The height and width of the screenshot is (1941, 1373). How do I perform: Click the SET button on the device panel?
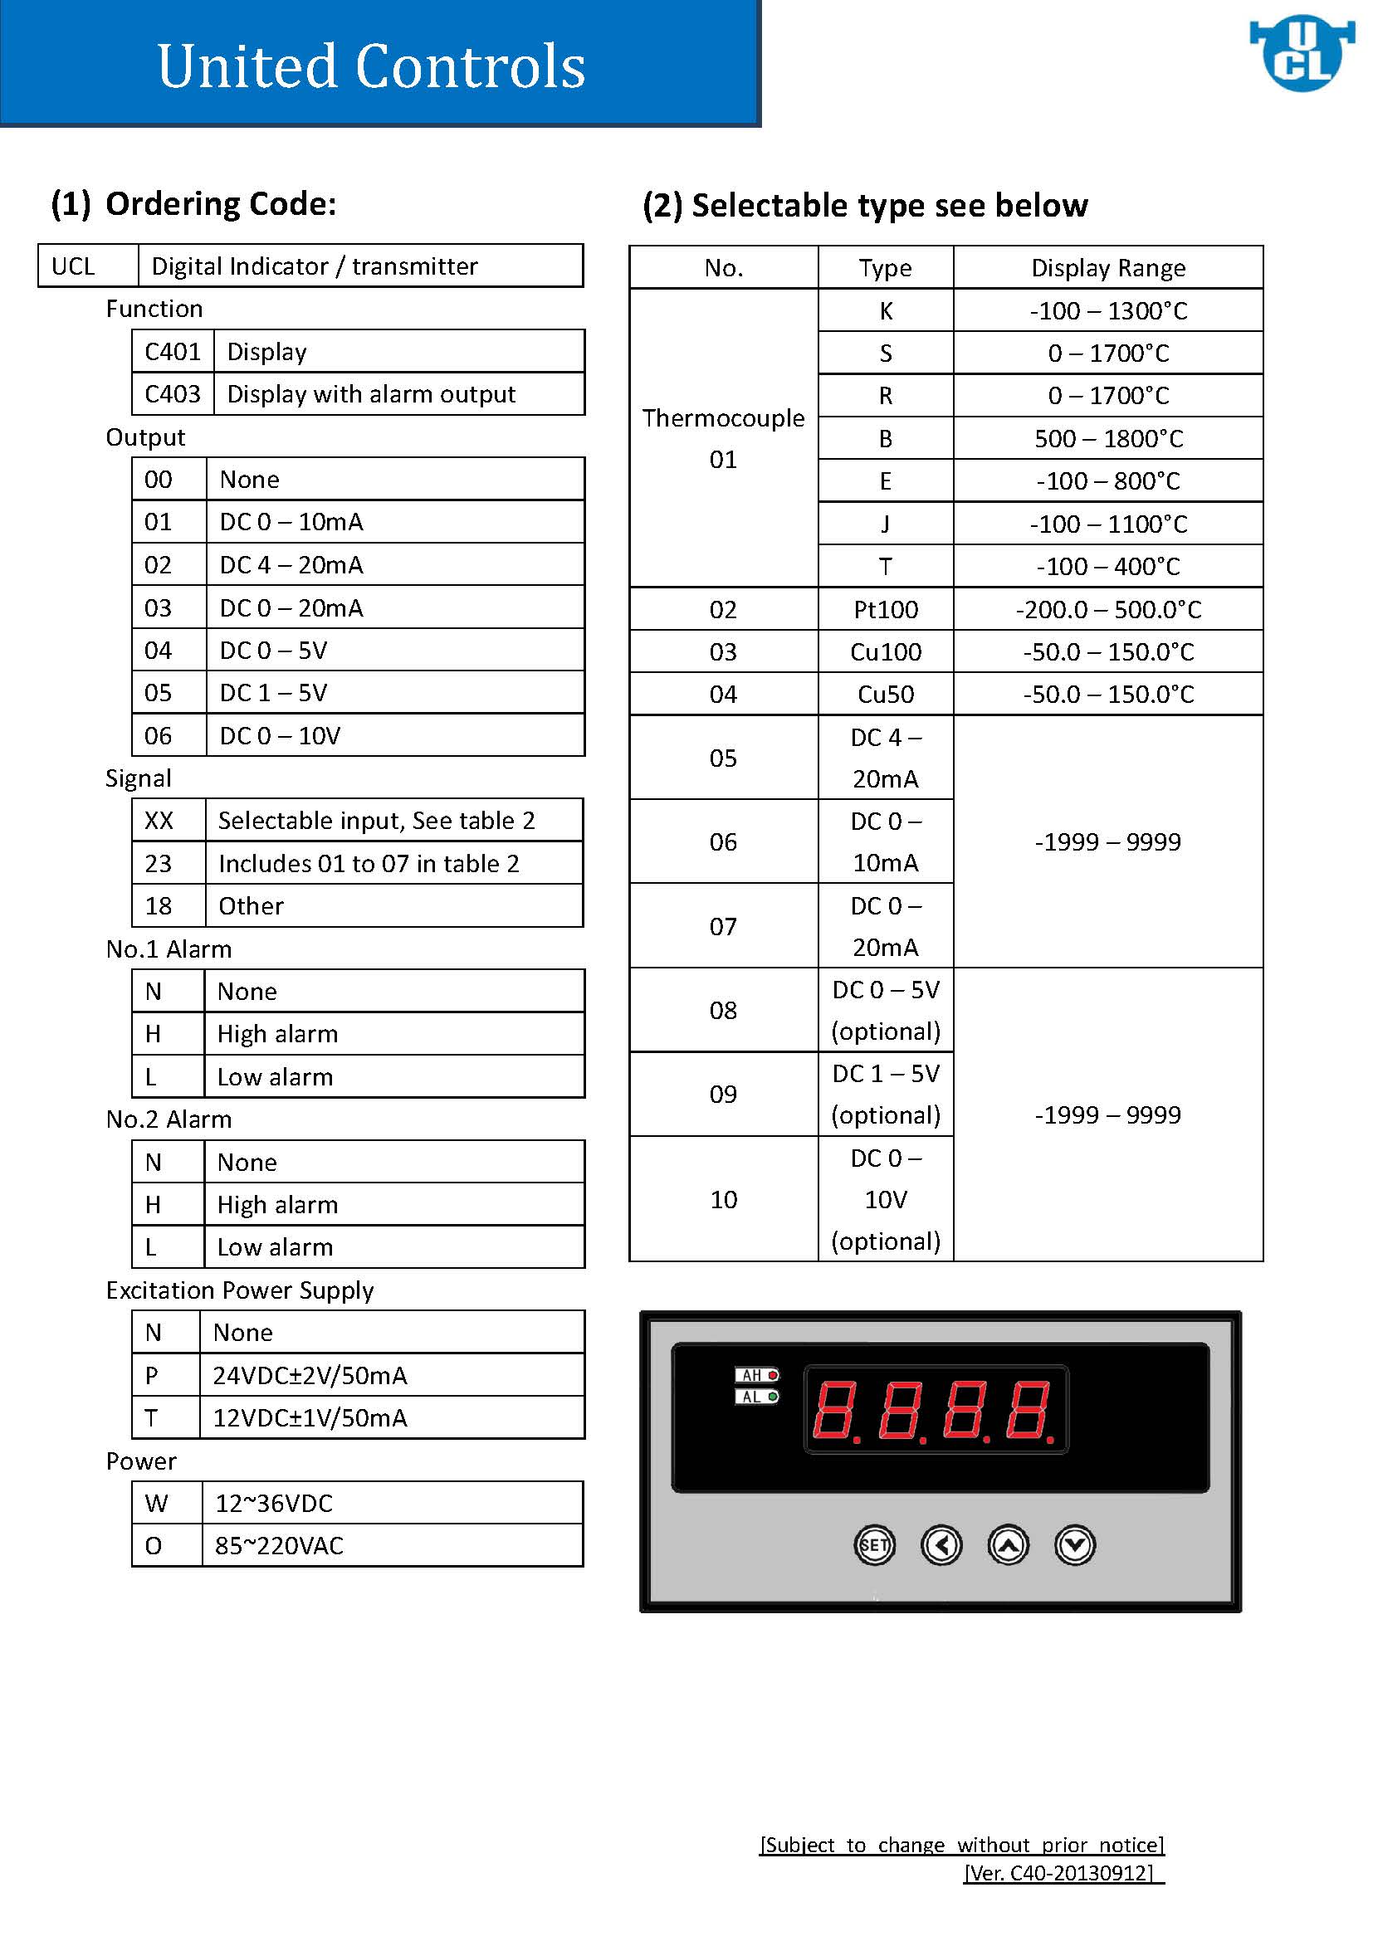coord(873,1545)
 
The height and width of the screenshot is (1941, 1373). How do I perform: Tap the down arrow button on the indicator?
coord(1074,1545)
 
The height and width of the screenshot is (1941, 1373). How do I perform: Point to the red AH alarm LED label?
coord(757,1375)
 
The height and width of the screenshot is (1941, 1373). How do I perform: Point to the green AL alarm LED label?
coord(757,1397)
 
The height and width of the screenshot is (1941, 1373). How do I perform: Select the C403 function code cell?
coord(173,394)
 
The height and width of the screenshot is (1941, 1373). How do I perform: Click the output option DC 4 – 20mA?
coord(291,565)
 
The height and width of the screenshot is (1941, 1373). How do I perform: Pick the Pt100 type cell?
coord(885,610)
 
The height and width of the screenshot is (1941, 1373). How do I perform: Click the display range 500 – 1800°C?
coord(1107,439)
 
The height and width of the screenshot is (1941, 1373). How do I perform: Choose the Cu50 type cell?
coord(885,694)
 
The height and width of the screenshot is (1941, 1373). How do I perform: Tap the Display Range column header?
coord(1107,268)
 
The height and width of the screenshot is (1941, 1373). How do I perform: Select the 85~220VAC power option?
coord(279,1545)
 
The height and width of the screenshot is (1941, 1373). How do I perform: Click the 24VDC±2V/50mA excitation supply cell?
coord(310,1375)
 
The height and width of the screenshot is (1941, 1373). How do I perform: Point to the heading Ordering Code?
coord(194,204)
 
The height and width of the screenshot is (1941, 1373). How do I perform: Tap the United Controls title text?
coord(371,66)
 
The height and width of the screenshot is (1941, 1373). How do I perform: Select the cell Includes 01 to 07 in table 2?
coord(369,863)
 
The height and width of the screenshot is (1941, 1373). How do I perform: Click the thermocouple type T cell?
coord(885,567)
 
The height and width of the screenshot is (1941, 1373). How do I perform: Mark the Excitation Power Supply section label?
coord(239,1290)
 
